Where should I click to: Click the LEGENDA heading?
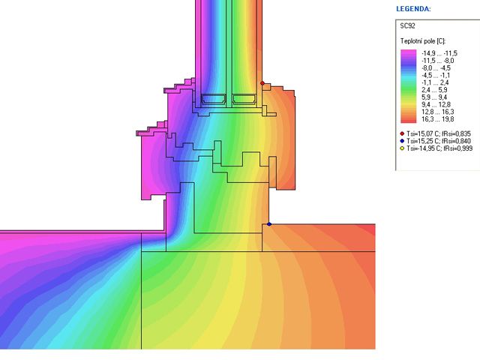click(x=413, y=9)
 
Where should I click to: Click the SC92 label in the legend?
click(x=407, y=26)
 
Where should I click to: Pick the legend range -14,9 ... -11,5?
click(x=439, y=53)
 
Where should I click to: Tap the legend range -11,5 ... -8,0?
click(x=438, y=61)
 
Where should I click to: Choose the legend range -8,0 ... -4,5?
click(x=436, y=68)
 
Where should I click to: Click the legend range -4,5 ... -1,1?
click(x=436, y=75)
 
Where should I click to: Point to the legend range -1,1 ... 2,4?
click(x=435, y=82)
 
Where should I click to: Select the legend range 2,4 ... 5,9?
click(x=434, y=90)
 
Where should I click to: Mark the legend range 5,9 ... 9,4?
click(x=434, y=97)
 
